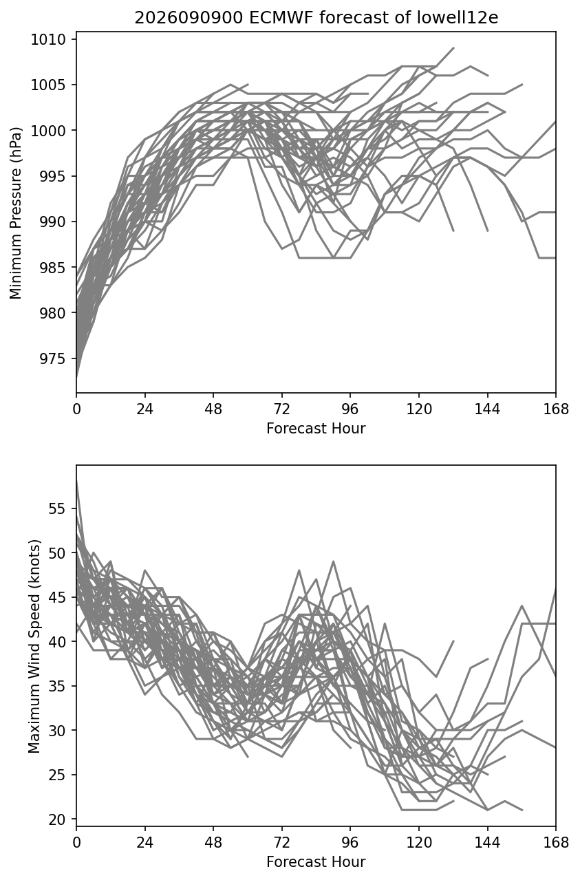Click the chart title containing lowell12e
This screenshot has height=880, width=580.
316,18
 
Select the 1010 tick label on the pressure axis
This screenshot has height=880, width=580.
48,40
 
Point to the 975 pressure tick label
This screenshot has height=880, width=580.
52,358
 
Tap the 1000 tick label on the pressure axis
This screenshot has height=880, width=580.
48,131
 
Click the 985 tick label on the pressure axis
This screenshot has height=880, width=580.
52,268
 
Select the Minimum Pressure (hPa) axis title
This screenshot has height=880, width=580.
15,213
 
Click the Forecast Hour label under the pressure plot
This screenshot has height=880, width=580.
316,428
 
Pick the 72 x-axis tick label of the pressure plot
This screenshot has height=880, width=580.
282,409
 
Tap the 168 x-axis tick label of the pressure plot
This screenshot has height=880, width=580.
556,409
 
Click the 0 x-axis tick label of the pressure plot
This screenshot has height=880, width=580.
76,409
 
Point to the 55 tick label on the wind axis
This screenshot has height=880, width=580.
56,508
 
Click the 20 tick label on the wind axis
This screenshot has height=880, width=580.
56,819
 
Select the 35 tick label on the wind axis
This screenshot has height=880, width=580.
56,686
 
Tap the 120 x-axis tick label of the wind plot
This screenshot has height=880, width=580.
419,843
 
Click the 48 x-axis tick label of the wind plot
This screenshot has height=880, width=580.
213,843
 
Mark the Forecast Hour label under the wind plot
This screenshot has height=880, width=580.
316,862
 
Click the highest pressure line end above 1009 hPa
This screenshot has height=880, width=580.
454,47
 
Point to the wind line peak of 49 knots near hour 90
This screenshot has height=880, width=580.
334,561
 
